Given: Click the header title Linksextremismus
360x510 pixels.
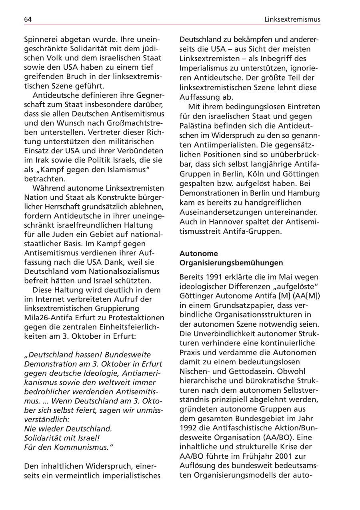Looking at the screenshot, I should point(292,19).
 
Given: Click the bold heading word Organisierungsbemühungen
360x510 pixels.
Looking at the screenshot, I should point(231,263).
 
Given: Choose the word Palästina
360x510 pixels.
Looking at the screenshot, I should point(196,126).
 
